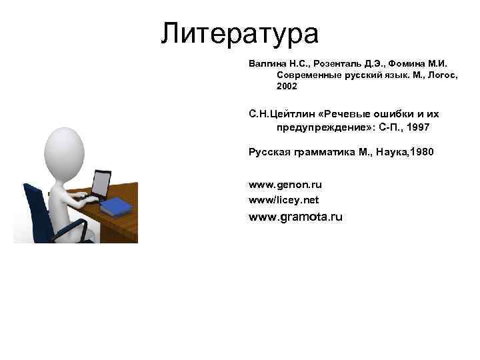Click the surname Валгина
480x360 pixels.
tap(266, 64)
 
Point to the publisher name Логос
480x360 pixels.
tap(435, 75)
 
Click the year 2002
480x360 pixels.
tap(287, 87)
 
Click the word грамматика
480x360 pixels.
tap(322, 153)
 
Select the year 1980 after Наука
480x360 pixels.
tap(421, 153)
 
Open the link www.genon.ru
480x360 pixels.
tap(285, 184)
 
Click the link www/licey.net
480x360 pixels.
tap(283, 199)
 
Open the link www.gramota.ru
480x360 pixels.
tap(295, 217)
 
